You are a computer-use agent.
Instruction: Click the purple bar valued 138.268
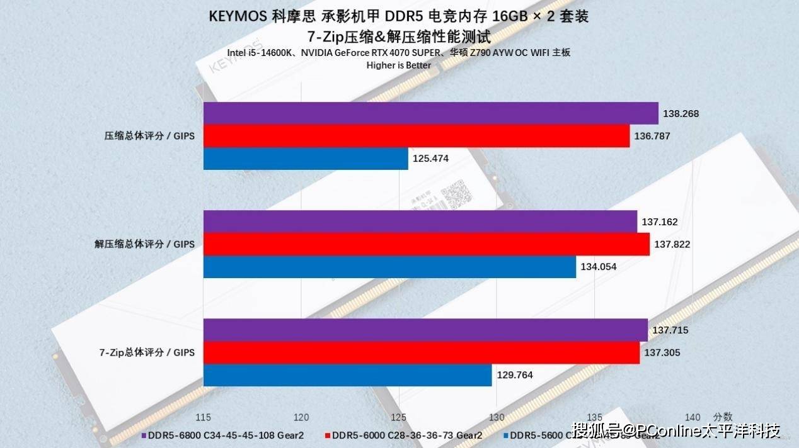click(x=430, y=113)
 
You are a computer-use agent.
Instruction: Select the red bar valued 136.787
click(x=416, y=136)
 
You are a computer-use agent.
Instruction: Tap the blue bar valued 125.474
click(x=306, y=159)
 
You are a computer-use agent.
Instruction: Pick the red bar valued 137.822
click(x=426, y=244)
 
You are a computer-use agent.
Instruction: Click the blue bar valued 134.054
click(x=389, y=267)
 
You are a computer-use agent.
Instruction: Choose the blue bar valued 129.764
click(x=347, y=375)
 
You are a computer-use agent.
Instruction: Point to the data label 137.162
click(x=660, y=221)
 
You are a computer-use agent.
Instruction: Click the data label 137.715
click(x=670, y=330)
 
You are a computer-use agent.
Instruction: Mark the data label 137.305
click(x=662, y=352)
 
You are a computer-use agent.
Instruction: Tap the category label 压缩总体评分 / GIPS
click(x=149, y=136)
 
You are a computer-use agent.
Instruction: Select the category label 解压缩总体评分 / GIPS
click(x=145, y=244)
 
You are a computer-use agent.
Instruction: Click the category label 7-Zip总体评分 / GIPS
click(x=147, y=352)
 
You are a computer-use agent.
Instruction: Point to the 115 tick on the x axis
click(x=203, y=417)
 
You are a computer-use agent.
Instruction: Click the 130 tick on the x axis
click(x=497, y=417)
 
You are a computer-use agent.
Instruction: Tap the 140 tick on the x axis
click(x=692, y=417)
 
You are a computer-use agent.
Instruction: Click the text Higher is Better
click(x=399, y=65)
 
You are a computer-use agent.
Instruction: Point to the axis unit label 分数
click(x=723, y=417)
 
